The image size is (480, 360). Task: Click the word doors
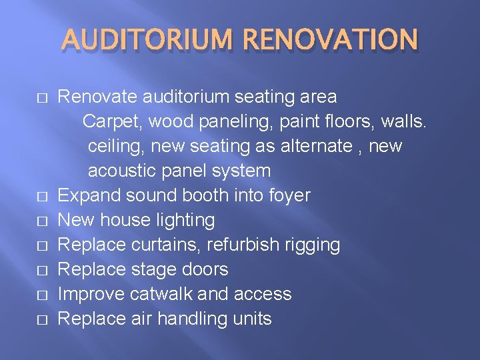click(x=205, y=269)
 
